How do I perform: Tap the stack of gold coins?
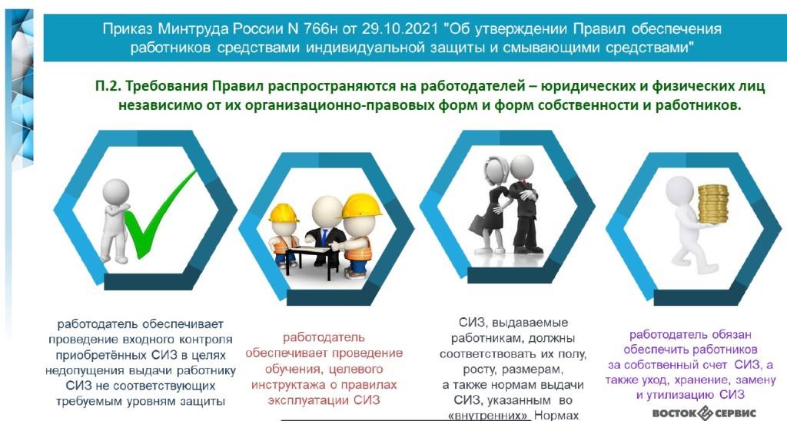tap(712, 204)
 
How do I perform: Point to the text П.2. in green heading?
tap(108, 86)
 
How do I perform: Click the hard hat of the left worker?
tap(284, 213)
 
